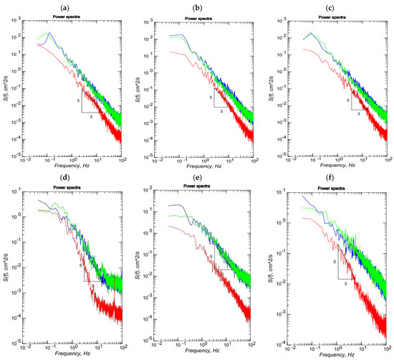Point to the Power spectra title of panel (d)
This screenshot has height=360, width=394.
[65, 188]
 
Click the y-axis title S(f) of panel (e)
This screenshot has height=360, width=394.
[141, 262]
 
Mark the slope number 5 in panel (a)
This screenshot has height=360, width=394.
[77, 100]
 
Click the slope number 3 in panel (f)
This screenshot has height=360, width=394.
[345, 284]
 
